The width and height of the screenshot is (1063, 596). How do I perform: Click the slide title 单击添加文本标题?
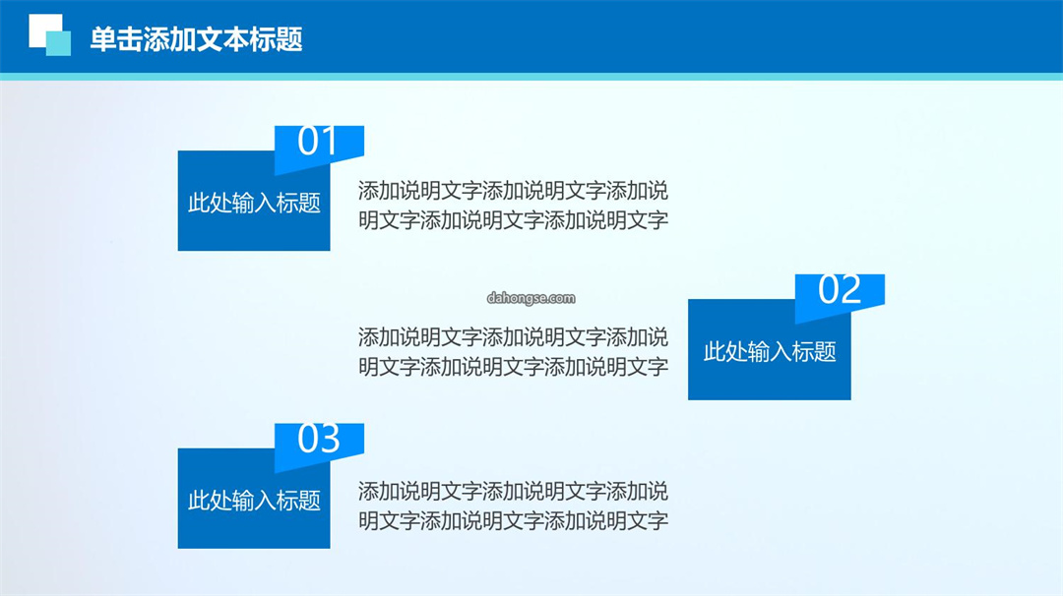(196, 39)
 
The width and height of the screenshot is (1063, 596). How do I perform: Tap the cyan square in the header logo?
(58, 43)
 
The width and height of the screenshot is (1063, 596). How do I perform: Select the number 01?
(317, 141)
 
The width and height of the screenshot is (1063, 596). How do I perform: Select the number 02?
(840, 289)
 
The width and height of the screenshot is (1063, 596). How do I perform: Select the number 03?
(319, 439)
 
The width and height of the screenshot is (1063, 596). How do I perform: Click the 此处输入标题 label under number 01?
(254, 203)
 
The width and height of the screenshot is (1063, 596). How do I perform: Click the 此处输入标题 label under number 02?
(770, 351)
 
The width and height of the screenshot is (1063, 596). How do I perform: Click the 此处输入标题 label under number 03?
(254, 501)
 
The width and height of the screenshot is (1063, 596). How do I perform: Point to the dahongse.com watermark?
(531, 298)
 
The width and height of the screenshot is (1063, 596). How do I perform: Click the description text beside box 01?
(513, 206)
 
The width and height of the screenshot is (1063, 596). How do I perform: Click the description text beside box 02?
(513, 351)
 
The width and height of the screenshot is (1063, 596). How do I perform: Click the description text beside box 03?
(513, 506)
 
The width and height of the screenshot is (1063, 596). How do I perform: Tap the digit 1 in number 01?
(329, 141)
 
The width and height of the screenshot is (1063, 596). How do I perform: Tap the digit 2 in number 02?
(850, 289)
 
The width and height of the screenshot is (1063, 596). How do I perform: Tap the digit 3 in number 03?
(330, 439)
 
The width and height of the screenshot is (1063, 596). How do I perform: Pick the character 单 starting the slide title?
(102, 39)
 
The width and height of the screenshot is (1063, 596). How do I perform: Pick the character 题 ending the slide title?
(289, 39)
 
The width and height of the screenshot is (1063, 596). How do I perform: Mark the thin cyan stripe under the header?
(531, 77)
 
